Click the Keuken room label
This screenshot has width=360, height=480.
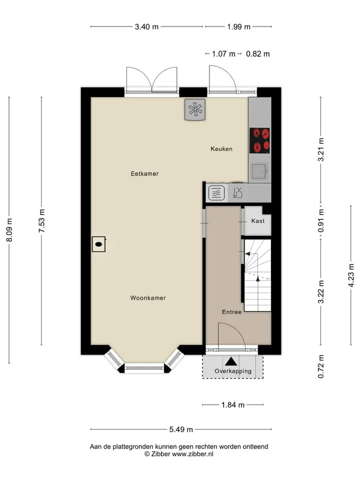(x=221, y=149)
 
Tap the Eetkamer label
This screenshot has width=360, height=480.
(x=145, y=174)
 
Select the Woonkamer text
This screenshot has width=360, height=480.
(x=148, y=298)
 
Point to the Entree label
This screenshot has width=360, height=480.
(x=231, y=312)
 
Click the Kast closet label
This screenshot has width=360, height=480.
(x=258, y=221)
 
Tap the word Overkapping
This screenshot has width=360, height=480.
(x=233, y=371)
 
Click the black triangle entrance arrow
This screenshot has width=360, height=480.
(x=231, y=361)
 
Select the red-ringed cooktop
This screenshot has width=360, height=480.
(x=259, y=140)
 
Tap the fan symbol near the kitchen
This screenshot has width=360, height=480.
(x=195, y=109)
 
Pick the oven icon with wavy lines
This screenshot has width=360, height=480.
(x=216, y=193)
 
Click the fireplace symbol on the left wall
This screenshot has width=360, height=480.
(x=99, y=244)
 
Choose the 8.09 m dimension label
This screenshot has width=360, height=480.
(x=9, y=230)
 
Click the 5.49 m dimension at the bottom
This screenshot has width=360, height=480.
(x=181, y=429)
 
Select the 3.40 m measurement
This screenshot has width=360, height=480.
(x=146, y=27)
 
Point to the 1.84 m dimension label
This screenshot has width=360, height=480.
(x=233, y=405)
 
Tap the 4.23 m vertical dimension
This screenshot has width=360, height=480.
(x=351, y=275)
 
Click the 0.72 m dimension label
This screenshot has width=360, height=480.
(x=321, y=366)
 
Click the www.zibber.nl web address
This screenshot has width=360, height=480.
(x=192, y=454)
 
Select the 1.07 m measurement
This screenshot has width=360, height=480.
(x=224, y=54)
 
